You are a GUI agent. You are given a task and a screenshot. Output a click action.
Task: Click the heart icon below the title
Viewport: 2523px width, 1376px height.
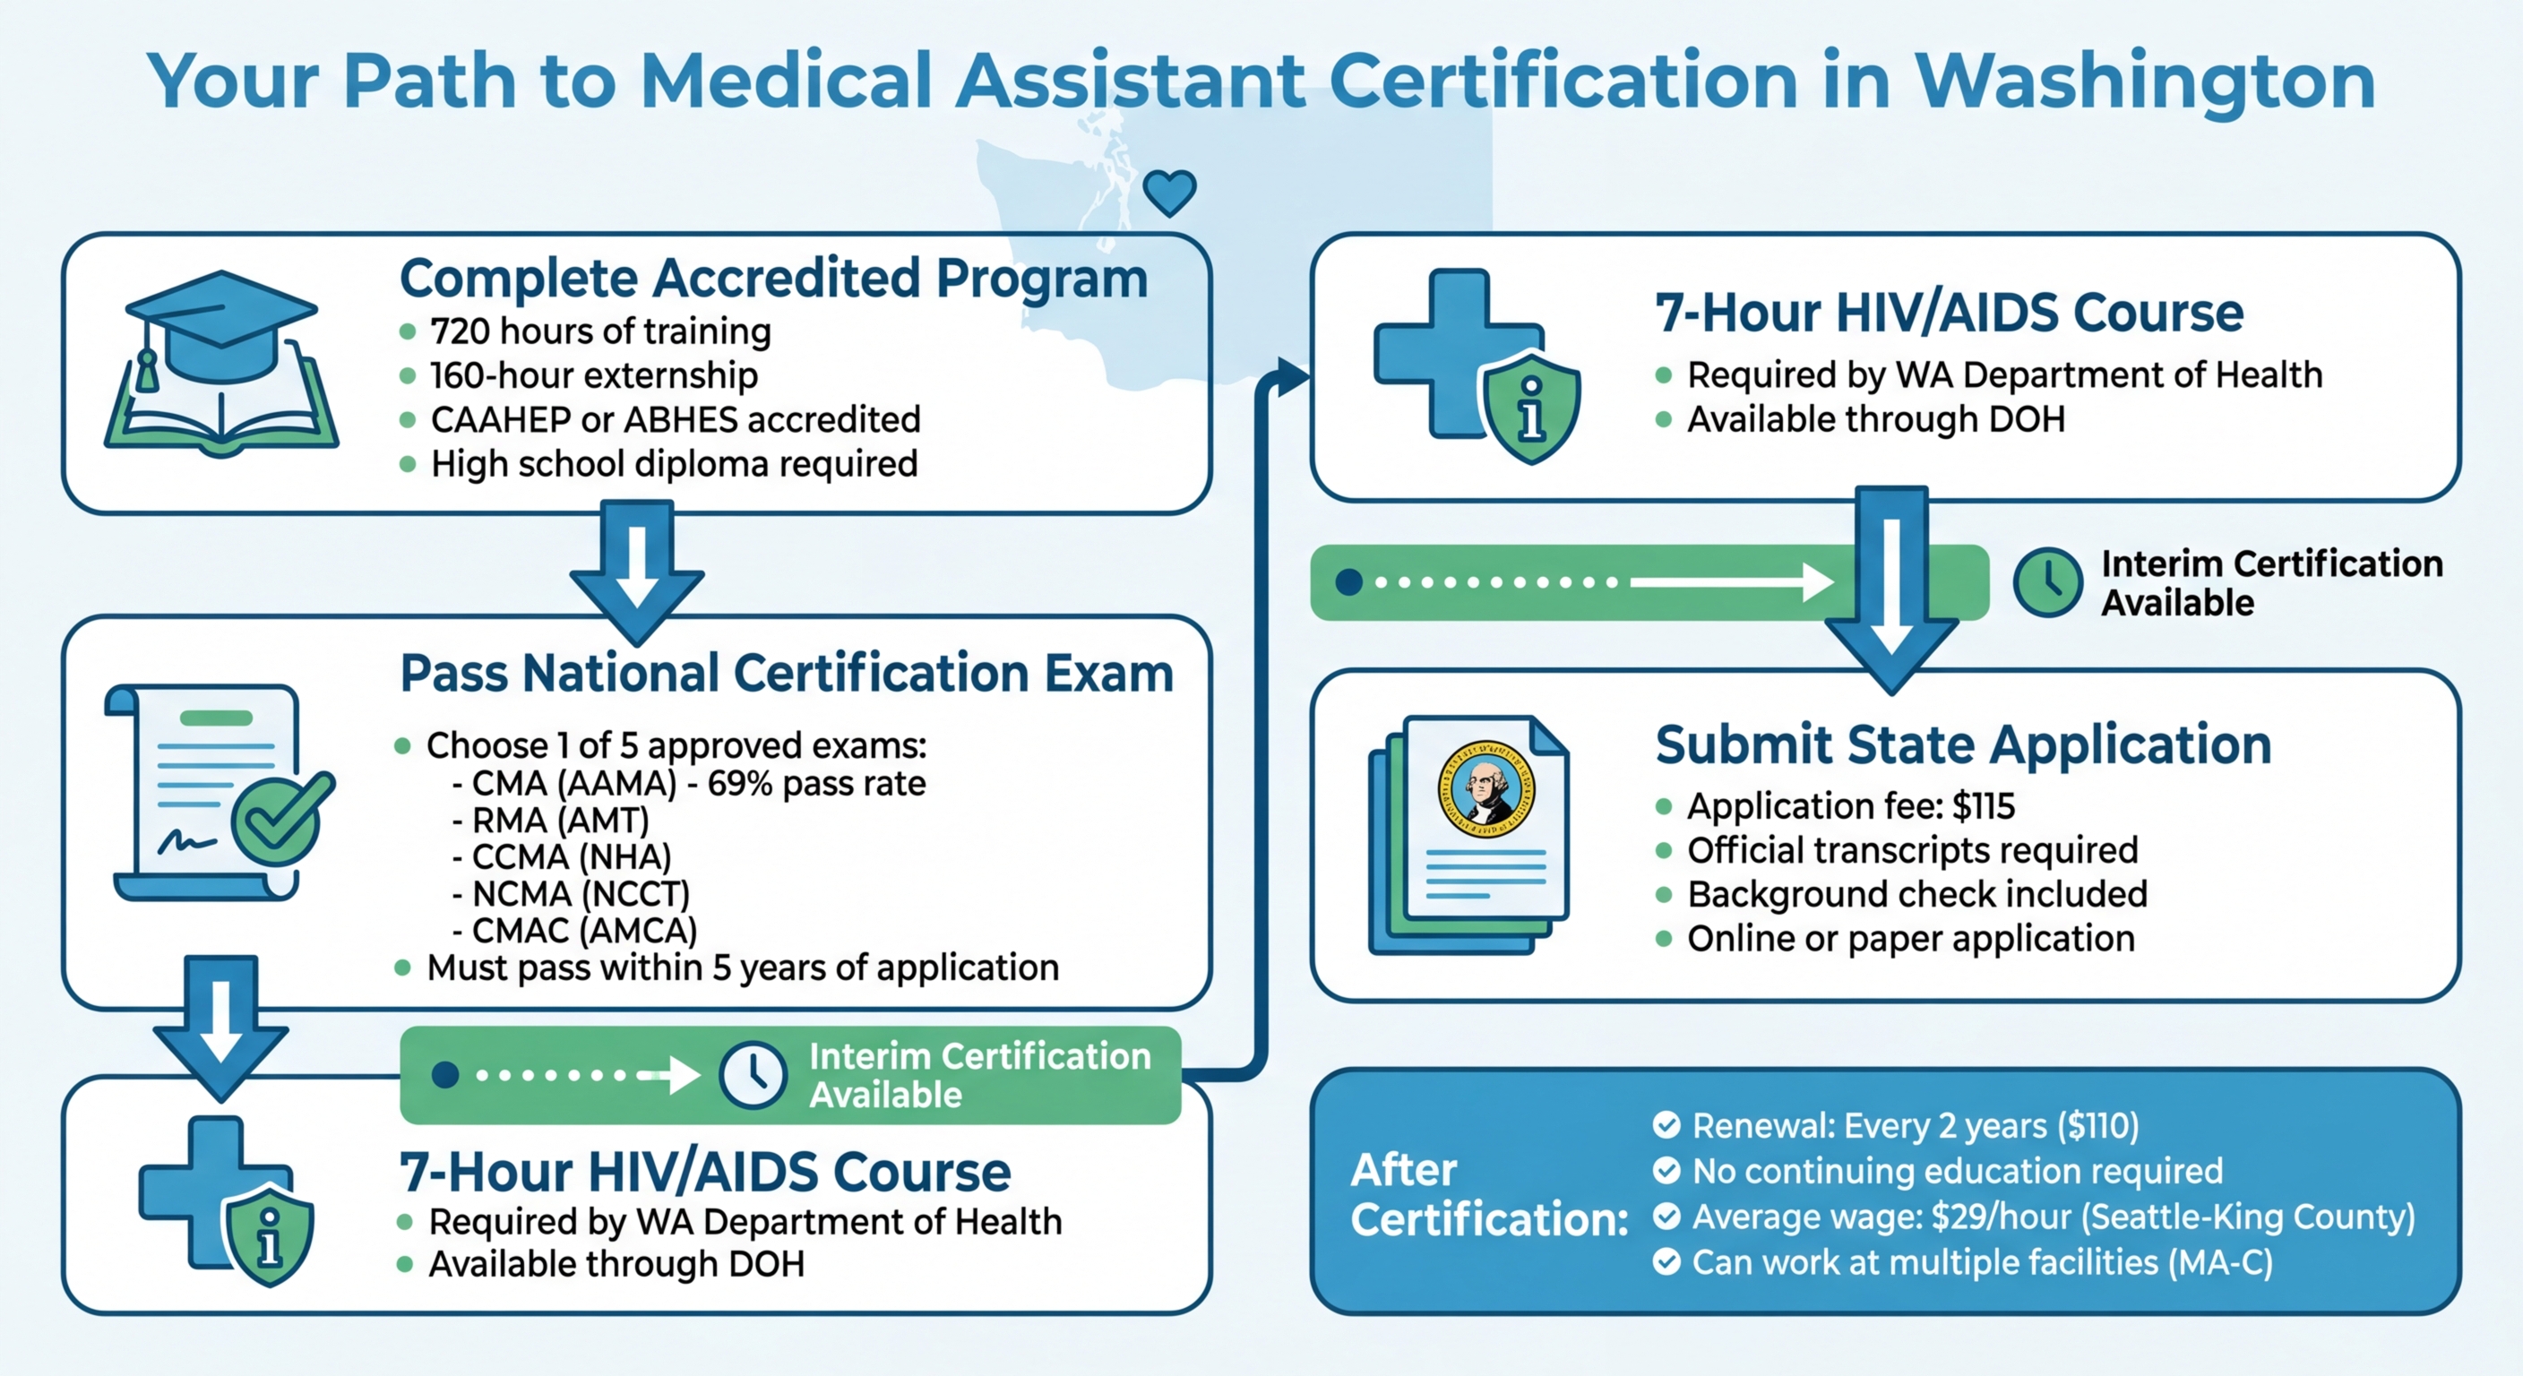(1169, 191)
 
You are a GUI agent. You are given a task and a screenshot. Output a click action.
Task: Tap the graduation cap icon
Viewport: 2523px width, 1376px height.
(221, 328)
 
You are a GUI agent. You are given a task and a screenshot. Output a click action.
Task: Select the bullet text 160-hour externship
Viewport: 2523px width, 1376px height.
(593, 375)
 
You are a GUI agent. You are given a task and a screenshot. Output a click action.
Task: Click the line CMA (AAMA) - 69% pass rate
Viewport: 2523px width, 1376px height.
(697, 784)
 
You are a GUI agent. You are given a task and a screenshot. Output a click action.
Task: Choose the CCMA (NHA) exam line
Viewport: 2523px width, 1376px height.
(571, 857)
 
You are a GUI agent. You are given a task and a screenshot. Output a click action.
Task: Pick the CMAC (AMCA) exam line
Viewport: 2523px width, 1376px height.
(584, 931)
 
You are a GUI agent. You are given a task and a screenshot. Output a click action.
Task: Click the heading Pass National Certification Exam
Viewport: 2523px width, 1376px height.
(787, 674)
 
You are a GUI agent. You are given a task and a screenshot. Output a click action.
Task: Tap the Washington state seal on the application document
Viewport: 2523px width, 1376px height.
(1485, 789)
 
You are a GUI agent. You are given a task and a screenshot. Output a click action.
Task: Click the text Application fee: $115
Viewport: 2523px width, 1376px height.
(1850, 806)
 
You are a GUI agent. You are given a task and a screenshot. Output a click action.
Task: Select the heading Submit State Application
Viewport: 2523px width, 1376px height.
(1963, 745)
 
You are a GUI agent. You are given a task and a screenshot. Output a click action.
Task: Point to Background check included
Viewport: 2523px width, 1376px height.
(1916, 894)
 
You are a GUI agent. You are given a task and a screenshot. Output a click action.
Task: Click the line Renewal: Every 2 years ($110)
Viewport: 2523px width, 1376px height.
(1915, 1126)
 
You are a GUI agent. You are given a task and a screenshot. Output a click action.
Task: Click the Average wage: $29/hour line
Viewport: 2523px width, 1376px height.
(2053, 1217)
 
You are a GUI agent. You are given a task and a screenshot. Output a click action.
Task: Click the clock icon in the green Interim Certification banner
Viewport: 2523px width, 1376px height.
(753, 1075)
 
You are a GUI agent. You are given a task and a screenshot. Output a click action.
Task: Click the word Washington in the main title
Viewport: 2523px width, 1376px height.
(2145, 81)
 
